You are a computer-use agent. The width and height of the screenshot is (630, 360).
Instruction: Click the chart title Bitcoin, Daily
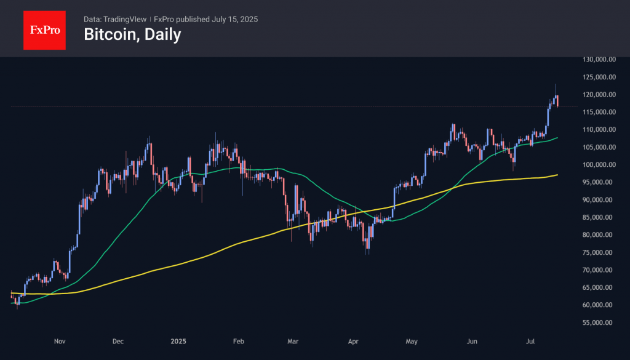point(132,34)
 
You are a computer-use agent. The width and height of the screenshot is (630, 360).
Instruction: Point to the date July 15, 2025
point(235,19)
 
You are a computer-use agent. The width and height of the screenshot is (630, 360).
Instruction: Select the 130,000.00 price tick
point(600,60)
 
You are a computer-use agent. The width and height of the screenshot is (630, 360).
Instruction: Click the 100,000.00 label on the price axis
point(600,165)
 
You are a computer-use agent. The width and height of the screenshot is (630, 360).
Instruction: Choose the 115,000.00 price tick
point(600,112)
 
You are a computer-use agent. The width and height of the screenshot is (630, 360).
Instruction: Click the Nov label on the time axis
point(60,340)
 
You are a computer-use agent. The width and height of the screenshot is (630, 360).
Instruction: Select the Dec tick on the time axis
point(119,340)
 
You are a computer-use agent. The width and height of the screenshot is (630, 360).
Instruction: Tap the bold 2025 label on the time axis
point(178,340)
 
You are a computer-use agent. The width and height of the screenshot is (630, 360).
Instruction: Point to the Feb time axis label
point(239,340)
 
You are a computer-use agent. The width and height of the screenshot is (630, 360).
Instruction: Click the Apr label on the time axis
point(353,340)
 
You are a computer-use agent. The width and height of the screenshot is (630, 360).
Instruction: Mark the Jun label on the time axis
point(472,340)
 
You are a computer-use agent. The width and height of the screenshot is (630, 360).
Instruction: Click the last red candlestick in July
point(557,101)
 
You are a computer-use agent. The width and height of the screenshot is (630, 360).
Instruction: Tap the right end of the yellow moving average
point(557,175)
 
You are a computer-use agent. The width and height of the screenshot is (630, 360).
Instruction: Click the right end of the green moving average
point(557,138)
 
